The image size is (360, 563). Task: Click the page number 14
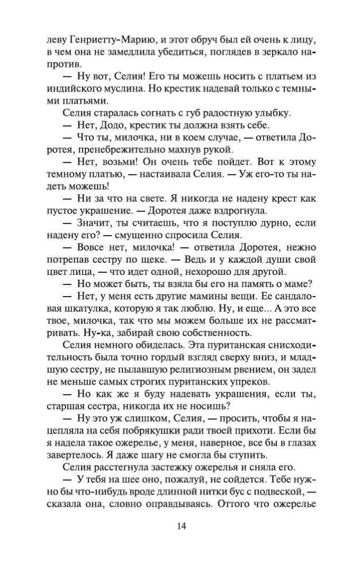(x=180, y=526)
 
